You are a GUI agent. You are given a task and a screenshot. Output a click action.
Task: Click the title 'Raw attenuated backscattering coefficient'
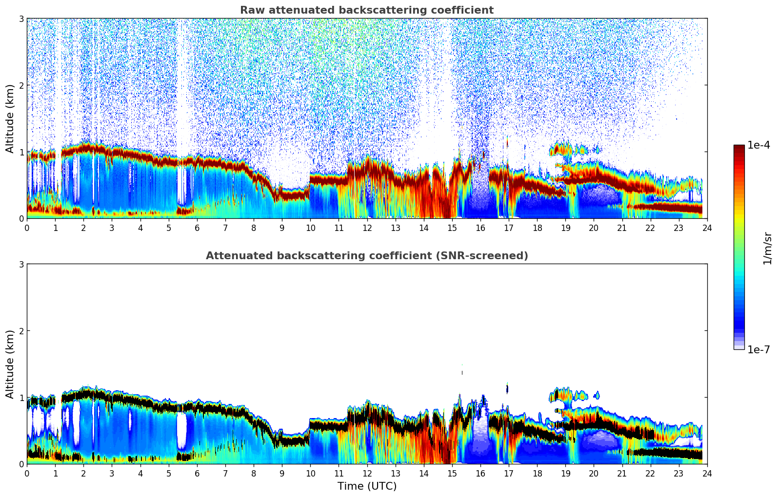point(366,10)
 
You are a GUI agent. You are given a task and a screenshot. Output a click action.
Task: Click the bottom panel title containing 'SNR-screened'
point(366,256)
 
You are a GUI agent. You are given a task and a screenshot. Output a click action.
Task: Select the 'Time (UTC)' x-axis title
point(367,486)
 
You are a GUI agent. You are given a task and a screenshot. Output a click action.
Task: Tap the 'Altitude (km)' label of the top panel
point(10,118)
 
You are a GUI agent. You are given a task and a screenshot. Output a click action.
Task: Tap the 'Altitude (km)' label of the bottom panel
point(10,364)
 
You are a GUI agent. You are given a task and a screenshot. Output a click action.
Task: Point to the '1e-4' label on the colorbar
point(758,145)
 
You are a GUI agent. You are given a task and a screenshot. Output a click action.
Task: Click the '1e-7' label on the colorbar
point(758,349)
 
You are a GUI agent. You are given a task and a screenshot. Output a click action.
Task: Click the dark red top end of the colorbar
point(739,147)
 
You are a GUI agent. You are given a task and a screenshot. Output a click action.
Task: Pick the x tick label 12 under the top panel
point(367,228)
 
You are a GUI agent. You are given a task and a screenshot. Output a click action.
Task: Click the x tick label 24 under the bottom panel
point(707,473)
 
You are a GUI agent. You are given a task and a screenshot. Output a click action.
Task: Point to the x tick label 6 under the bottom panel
point(197,473)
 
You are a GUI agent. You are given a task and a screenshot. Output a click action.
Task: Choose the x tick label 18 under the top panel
point(537,228)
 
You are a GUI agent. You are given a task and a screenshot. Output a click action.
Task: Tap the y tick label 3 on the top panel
point(21,19)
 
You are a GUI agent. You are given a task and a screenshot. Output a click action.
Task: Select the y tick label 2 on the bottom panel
point(21,331)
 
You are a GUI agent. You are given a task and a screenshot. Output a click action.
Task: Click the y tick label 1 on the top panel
point(21,152)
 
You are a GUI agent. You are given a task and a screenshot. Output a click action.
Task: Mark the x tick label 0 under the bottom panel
point(27,473)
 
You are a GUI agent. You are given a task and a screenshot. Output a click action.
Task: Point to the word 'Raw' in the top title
point(249,10)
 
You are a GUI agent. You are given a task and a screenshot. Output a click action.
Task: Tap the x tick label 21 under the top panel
point(622,228)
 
